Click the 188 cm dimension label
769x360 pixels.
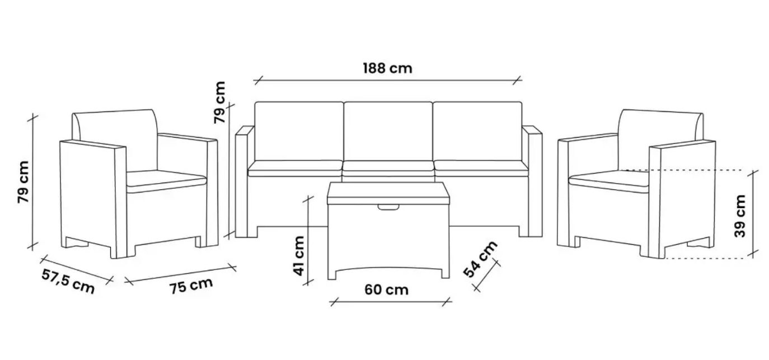388,68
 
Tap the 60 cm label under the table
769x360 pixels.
387,290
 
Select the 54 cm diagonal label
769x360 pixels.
480,259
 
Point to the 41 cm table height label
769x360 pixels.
299,256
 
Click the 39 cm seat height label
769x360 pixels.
740,216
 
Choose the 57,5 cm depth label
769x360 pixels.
68,281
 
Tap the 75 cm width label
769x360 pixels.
191,286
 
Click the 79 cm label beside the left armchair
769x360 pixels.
24,182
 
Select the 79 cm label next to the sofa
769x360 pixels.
219,102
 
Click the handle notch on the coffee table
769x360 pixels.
388,207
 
